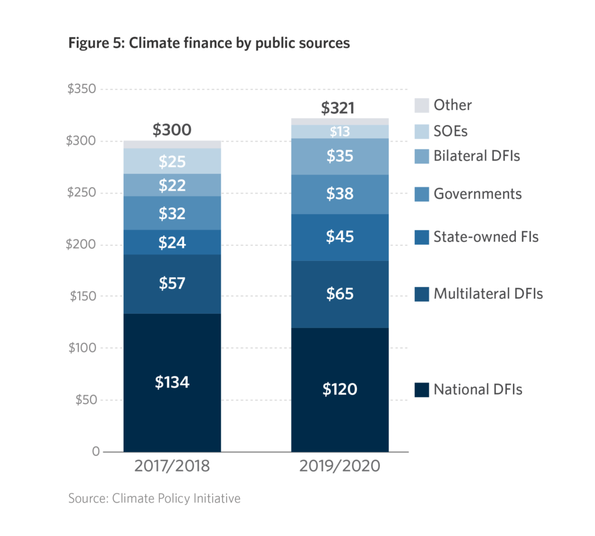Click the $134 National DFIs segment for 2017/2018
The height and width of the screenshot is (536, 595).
click(172, 383)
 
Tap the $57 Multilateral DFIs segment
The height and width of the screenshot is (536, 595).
click(172, 284)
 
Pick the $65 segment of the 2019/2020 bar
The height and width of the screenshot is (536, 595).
click(340, 294)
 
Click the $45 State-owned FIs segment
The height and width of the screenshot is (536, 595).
click(340, 237)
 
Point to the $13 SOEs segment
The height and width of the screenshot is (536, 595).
click(340, 132)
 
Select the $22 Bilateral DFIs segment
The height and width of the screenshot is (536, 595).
click(172, 185)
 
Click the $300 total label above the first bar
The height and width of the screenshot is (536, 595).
click(172, 130)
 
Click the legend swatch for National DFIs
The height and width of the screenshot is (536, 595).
click(421, 390)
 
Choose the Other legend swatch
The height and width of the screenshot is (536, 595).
click(421, 105)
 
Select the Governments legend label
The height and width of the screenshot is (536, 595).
click(478, 194)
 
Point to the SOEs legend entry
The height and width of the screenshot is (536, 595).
click(450, 131)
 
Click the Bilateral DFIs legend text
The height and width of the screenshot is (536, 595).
click(476, 156)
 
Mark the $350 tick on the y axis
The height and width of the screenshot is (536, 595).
click(81, 90)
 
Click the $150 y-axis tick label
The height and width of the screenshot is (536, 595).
click(81, 296)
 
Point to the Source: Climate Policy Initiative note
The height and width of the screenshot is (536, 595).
click(154, 498)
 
